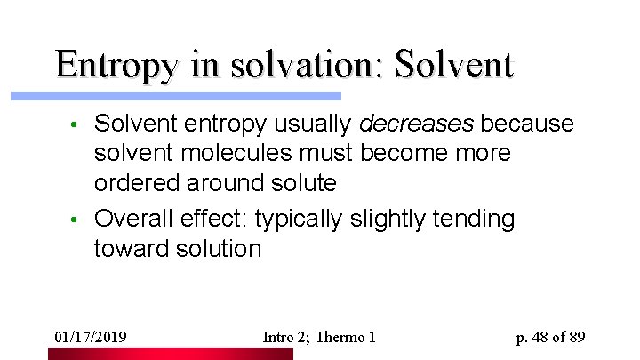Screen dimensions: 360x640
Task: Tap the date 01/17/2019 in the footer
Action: click(91, 338)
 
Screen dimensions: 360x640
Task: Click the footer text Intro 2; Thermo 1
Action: click(320, 338)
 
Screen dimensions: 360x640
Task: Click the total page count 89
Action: click(576, 338)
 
